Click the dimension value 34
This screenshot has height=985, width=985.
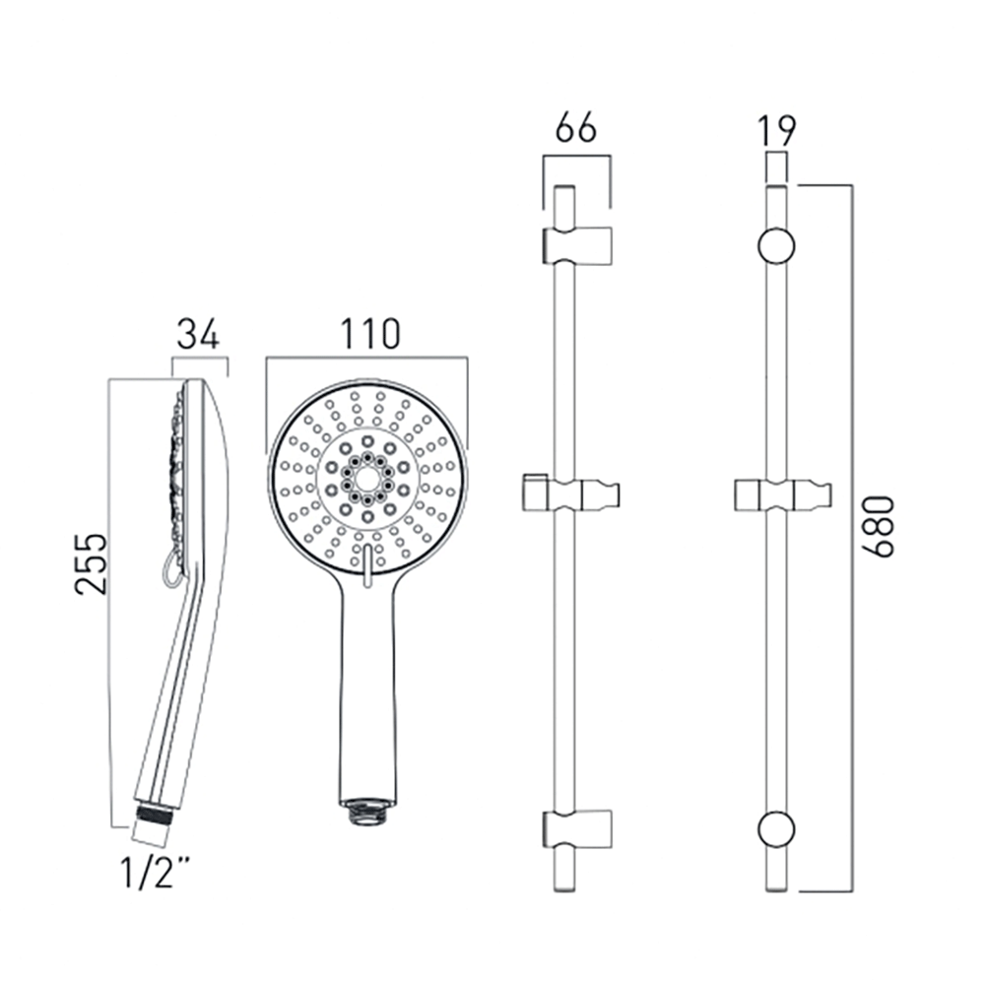[x=198, y=335]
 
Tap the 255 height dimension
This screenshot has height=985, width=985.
[x=91, y=563]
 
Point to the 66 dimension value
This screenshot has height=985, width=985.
[x=576, y=129]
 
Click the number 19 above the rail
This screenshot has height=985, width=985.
[x=777, y=129]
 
